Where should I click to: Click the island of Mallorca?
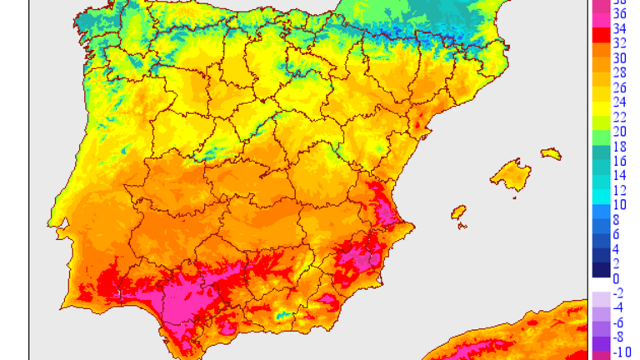(511, 176)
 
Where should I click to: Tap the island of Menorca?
(551, 154)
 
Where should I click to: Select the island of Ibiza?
(458, 212)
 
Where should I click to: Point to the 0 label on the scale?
(617, 278)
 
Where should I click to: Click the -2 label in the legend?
(619, 293)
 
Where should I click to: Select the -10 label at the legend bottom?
(621, 352)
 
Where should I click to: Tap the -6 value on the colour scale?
(619, 322)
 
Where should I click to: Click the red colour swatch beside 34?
(601, 36)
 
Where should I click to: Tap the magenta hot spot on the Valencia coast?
(384, 208)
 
